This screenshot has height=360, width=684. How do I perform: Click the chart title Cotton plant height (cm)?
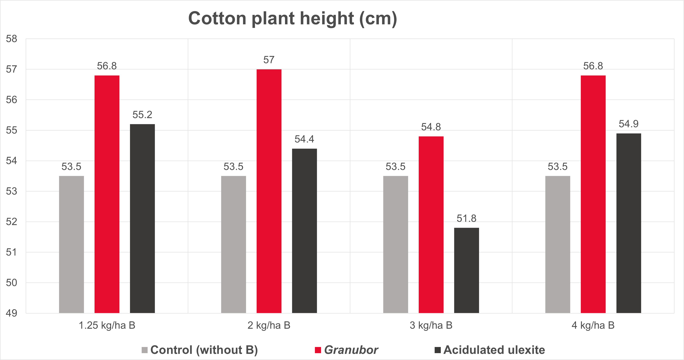[x=292, y=19]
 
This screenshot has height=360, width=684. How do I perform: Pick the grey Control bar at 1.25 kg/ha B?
[x=71, y=244]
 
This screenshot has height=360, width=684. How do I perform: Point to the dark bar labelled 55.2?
[x=142, y=218]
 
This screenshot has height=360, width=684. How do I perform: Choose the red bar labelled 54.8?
[x=431, y=225]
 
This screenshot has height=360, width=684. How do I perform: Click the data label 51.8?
[x=466, y=218]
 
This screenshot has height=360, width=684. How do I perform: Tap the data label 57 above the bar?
[x=269, y=60]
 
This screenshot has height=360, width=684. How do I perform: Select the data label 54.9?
[x=628, y=124]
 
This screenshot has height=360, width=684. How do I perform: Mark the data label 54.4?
[x=304, y=139]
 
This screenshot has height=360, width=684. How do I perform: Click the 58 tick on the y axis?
[x=11, y=39]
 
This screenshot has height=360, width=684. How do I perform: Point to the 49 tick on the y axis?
[x=11, y=313]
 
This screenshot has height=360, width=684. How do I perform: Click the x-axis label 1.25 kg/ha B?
[x=107, y=325]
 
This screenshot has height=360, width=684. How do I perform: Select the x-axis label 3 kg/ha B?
[x=431, y=325]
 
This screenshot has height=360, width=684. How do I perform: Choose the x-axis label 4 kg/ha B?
[x=593, y=325]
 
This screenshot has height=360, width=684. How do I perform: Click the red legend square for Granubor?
[x=318, y=350]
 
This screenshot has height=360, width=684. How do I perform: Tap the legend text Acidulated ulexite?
[x=494, y=350]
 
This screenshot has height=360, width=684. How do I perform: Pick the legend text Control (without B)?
[x=204, y=350]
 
